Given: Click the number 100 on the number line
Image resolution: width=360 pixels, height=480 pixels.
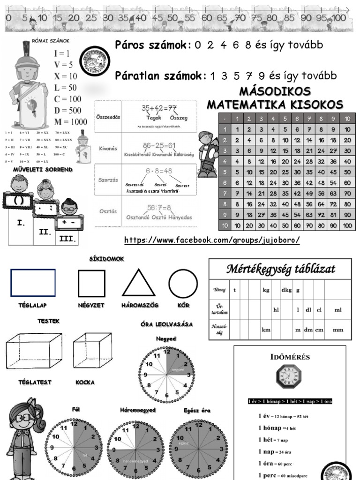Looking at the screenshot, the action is click(x=339, y=18).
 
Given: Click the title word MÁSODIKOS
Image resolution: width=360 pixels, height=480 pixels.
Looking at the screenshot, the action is click(x=275, y=91).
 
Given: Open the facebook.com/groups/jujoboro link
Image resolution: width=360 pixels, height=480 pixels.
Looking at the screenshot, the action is click(x=212, y=240).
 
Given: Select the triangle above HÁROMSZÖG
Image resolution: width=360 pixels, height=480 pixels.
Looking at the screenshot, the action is click(x=138, y=284).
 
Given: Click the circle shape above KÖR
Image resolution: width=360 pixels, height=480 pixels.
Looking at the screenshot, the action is click(x=183, y=283).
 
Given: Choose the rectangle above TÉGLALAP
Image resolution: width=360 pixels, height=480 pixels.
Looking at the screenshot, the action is click(x=33, y=283).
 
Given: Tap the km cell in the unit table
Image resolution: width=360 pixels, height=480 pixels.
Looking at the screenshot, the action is click(x=266, y=330).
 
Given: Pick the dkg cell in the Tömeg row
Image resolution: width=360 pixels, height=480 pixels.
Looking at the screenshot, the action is click(x=286, y=290).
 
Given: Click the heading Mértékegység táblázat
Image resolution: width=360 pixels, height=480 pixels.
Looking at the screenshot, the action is click(x=281, y=269).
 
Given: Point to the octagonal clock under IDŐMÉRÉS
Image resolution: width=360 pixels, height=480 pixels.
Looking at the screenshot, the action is click(x=288, y=376).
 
